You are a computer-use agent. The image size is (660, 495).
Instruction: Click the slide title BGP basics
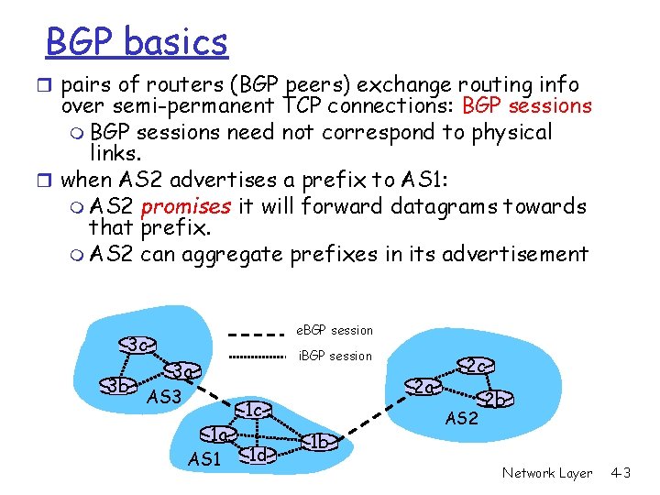pyautogui.click(x=137, y=41)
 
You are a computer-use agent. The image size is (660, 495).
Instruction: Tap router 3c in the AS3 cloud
pyautogui.click(x=137, y=346)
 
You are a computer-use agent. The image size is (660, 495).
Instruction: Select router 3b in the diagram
pyautogui.click(x=117, y=384)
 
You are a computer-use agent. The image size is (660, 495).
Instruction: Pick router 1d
pyautogui.click(x=257, y=453)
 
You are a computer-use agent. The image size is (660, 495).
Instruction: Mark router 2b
pyautogui.click(x=496, y=399)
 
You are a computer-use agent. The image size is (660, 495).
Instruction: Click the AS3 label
pyautogui.click(x=165, y=397)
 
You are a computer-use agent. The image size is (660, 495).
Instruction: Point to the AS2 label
pyautogui.click(x=461, y=418)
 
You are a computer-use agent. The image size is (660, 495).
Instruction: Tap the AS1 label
pyautogui.click(x=204, y=457)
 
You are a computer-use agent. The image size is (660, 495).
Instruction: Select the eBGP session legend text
pyautogui.click(x=335, y=330)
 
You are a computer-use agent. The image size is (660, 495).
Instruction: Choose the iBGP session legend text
pyautogui.click(x=335, y=356)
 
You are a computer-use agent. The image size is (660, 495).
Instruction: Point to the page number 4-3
pyautogui.click(x=621, y=473)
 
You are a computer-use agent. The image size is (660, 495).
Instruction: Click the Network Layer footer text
pyautogui.click(x=547, y=473)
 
